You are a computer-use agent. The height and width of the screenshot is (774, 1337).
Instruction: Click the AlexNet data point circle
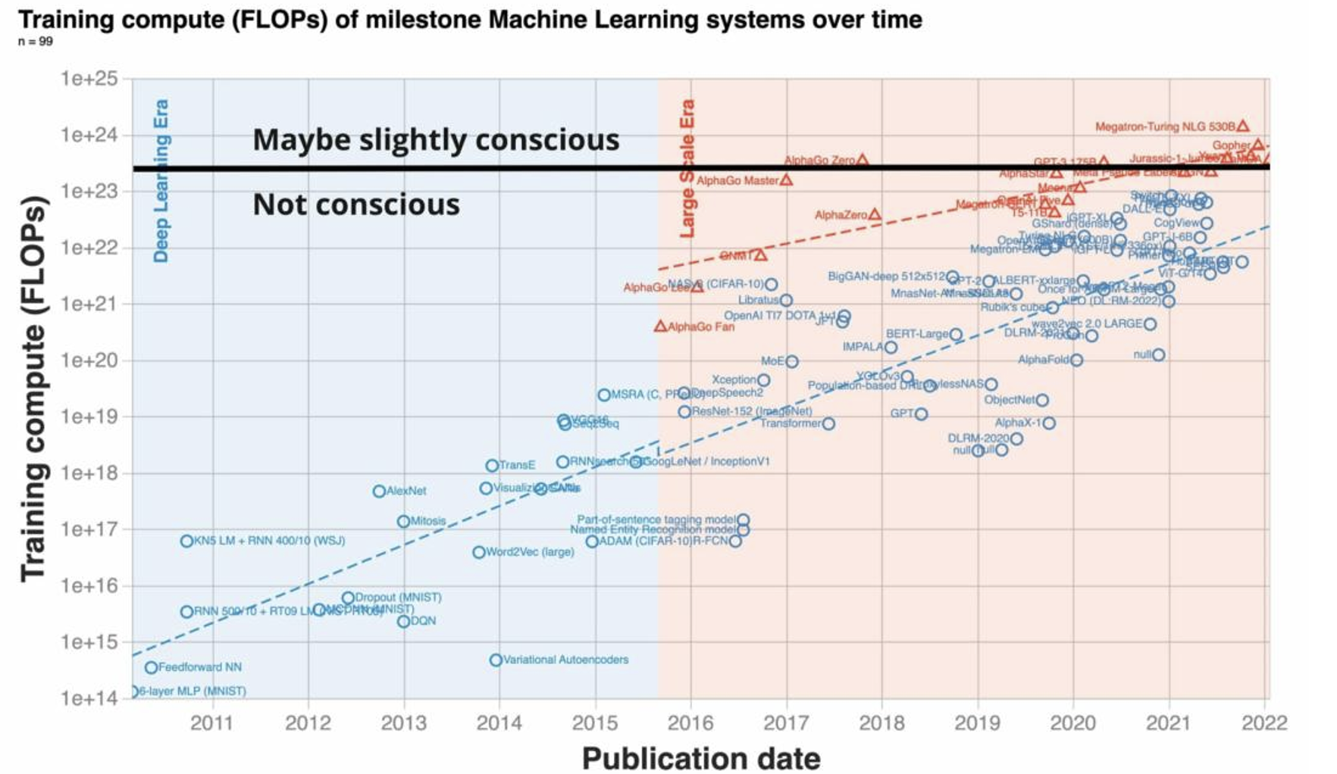[x=379, y=491]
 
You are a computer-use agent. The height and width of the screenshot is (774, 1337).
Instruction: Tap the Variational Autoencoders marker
[x=496, y=660]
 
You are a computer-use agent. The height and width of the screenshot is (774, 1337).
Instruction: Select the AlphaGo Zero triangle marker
[x=862, y=160]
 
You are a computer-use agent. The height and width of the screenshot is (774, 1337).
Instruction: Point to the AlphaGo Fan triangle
[x=660, y=326]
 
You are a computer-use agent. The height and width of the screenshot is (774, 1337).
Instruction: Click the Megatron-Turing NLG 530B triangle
[x=1243, y=126]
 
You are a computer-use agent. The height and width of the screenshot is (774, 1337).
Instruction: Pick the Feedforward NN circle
[x=151, y=667]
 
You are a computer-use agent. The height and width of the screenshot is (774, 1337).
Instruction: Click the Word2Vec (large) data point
[x=479, y=552]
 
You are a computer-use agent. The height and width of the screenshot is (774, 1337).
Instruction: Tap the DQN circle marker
[x=403, y=621]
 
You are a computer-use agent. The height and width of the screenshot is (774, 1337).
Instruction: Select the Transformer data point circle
[x=828, y=423]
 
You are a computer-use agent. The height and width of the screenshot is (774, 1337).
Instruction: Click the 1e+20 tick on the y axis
[x=89, y=360]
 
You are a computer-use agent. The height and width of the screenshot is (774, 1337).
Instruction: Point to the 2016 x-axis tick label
[x=690, y=723]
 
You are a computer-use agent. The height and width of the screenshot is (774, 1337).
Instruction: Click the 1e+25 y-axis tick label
[x=89, y=79]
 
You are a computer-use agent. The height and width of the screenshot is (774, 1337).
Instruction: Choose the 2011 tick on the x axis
[x=211, y=723]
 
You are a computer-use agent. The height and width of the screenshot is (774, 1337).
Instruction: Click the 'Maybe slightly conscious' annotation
[x=436, y=139]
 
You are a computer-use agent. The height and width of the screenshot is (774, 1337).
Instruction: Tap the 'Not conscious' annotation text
[x=356, y=204]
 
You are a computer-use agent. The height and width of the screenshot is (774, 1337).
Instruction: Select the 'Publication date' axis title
[x=701, y=758]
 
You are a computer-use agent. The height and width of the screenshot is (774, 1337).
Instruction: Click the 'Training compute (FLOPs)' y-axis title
[x=33, y=389]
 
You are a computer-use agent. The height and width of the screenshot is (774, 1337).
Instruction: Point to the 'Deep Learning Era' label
[x=161, y=180]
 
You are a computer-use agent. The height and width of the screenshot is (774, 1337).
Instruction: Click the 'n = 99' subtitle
[x=35, y=42]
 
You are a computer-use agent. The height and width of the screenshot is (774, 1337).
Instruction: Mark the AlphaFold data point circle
[x=1076, y=360]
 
